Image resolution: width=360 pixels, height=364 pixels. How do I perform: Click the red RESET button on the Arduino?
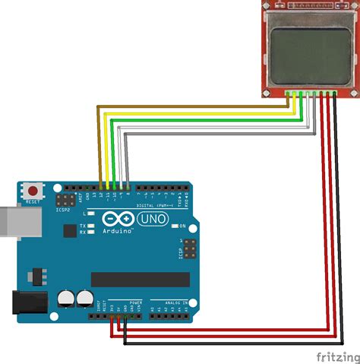tap(33, 190)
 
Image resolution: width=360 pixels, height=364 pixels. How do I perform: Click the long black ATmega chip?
tap(137, 279)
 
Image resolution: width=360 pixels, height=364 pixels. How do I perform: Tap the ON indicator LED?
tap(175, 226)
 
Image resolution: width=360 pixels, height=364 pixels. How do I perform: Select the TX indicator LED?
tap(90, 225)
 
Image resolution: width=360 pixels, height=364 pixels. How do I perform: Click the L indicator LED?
tap(90, 215)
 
